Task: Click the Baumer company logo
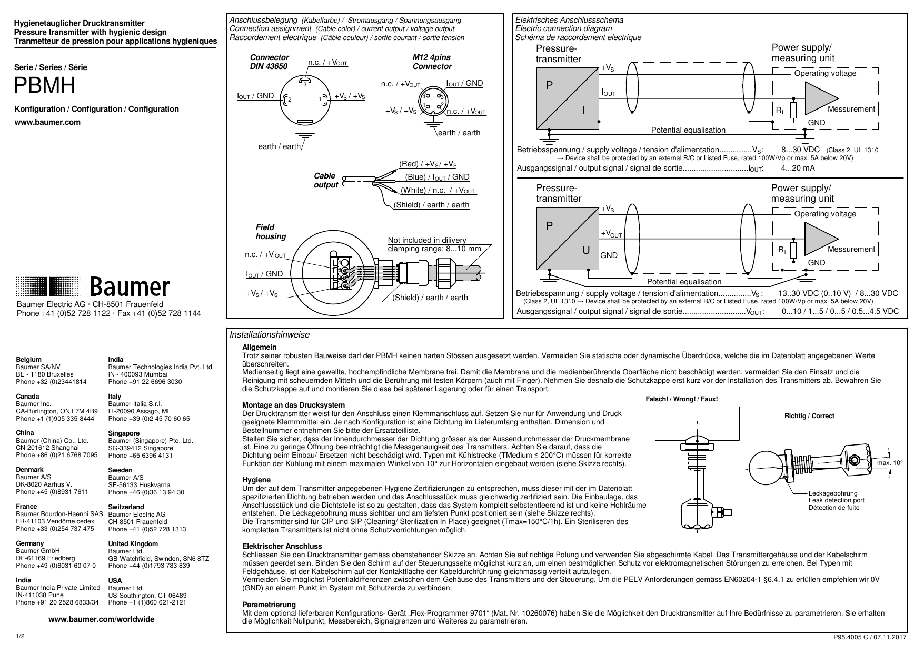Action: pyautogui.click(x=93, y=287)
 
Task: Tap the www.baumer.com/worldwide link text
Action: pyautogui.click(x=102, y=619)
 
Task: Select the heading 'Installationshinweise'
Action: pyautogui.click(x=270, y=335)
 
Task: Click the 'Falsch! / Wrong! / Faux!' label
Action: pyautogui.click(x=681, y=399)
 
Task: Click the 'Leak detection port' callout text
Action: pyautogui.click(x=836, y=500)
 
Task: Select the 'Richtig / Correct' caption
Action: pyautogui.click(x=809, y=416)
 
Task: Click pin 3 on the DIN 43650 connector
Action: pyautogui.click(x=304, y=84)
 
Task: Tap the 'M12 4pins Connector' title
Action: pyautogui.click(x=432, y=62)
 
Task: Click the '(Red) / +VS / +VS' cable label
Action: pyautogui.click(x=428, y=164)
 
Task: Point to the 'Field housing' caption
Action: pyautogui.click(x=270, y=232)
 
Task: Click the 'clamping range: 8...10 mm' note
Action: pyautogui.click(x=434, y=249)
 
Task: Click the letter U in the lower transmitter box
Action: pyautogui.click(x=585, y=250)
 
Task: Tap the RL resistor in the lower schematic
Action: pyautogui.click(x=793, y=251)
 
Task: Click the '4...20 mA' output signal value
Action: pyautogui.click(x=797, y=168)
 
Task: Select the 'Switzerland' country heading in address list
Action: pyautogui.click(x=126, y=507)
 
